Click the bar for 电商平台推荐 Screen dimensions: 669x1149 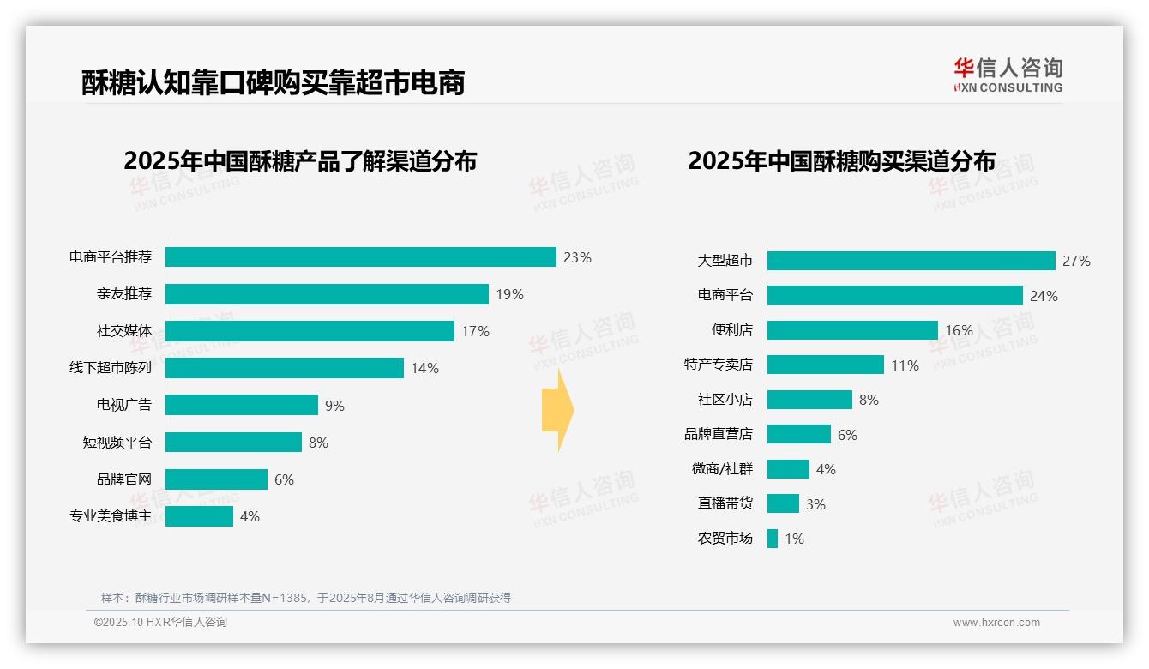coord(360,257)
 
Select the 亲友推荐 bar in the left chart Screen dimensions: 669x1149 coord(327,294)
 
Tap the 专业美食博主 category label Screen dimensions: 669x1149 coord(111,516)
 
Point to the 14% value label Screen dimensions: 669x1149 coord(424,368)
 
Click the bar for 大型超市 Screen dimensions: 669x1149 coord(911,261)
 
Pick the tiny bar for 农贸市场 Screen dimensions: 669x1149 coord(773,539)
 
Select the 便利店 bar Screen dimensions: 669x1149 coord(852,330)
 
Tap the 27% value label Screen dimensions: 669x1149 coord(1076,261)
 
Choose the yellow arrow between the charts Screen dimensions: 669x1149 coord(557,410)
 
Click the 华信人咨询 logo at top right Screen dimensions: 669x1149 coord(1008,75)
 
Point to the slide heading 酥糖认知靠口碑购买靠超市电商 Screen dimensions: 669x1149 coord(274,82)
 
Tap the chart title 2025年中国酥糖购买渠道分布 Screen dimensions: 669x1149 coord(841,161)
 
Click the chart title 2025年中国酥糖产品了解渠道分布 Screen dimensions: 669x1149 coord(300,161)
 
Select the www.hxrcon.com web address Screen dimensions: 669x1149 coord(996,623)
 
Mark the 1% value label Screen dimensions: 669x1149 coord(794,539)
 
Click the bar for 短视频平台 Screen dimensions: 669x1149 coord(233,443)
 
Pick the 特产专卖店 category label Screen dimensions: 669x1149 coord(719,365)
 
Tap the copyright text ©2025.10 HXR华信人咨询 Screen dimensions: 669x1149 coord(160,623)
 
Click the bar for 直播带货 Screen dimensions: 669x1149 coord(783,503)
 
